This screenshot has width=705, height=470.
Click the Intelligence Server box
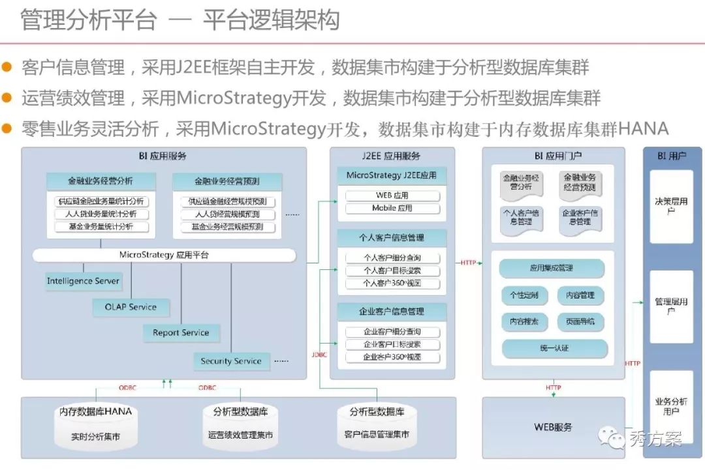(x=83, y=282)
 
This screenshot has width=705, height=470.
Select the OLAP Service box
(x=131, y=307)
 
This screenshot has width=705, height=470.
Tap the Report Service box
(x=181, y=332)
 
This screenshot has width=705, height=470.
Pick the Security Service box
(x=231, y=361)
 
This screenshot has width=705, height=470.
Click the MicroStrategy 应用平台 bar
(x=164, y=255)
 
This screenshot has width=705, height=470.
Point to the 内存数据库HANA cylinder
(x=96, y=424)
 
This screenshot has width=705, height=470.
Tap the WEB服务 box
(x=553, y=427)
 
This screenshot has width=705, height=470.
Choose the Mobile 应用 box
(x=392, y=209)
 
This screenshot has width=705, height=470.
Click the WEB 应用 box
(x=392, y=196)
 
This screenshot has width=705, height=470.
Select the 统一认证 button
(x=554, y=348)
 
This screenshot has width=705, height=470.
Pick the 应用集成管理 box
(x=552, y=268)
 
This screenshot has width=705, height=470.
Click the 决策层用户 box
(x=671, y=207)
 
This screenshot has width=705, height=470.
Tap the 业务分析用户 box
(x=671, y=406)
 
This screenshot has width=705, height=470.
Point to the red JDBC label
(x=319, y=355)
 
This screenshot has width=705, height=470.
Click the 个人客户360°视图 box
(x=392, y=284)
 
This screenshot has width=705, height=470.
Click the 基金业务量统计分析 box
(x=101, y=227)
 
